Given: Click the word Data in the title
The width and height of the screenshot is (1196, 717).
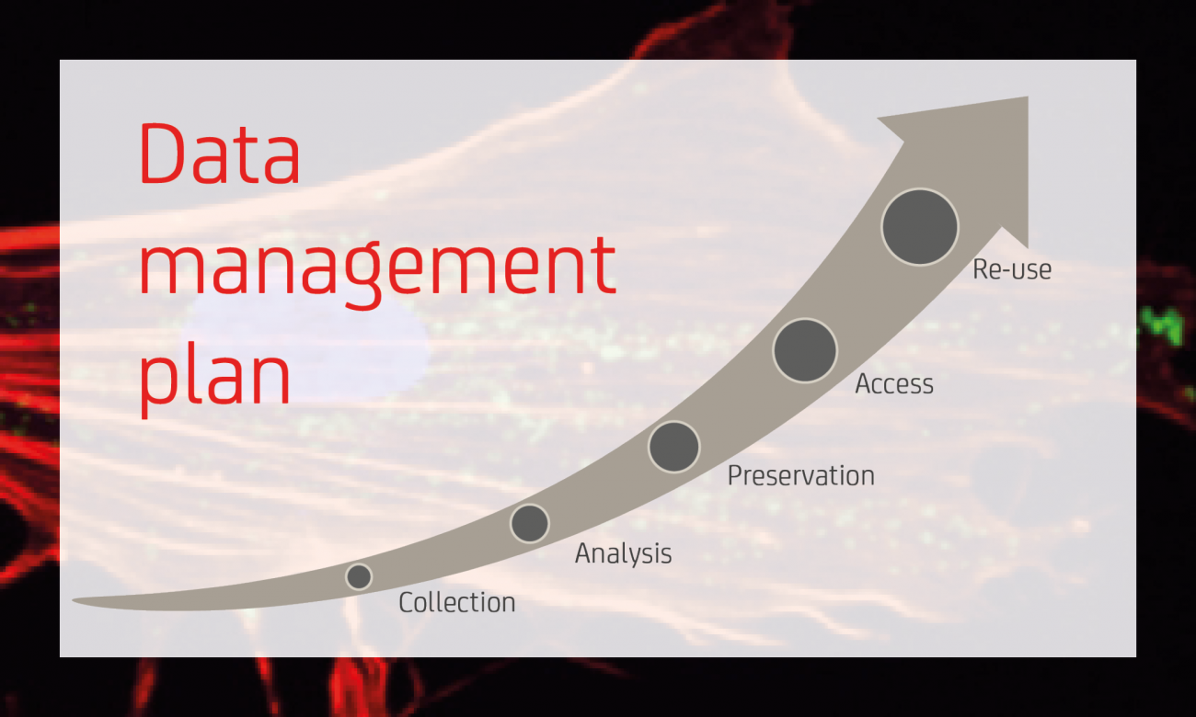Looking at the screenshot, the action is pyautogui.click(x=220, y=154).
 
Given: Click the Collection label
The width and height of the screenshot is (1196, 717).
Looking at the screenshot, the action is pyautogui.click(x=457, y=602).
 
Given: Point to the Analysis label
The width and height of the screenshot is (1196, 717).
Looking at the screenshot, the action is pyautogui.click(x=623, y=554).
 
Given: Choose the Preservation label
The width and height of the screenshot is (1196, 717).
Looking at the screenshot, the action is pyautogui.click(x=801, y=475).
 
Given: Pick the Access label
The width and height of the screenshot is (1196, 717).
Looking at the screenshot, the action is pyautogui.click(x=894, y=383).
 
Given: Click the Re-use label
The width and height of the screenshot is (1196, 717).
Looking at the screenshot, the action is pyautogui.click(x=1012, y=268).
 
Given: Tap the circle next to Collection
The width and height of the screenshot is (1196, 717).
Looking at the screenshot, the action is pyautogui.click(x=359, y=576).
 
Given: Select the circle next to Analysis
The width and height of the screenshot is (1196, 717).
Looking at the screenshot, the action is pyautogui.click(x=530, y=523).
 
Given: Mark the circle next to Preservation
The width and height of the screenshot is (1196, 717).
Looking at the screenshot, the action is pyautogui.click(x=673, y=447).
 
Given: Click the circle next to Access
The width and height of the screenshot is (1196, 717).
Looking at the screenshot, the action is pyautogui.click(x=805, y=350).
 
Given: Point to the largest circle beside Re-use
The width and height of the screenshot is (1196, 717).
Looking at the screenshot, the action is pyautogui.click(x=920, y=227).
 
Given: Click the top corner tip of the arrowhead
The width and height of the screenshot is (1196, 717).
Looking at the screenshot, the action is pyautogui.click(x=1028, y=97).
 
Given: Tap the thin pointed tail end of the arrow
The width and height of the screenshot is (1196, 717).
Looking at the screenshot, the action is pyautogui.click(x=74, y=600).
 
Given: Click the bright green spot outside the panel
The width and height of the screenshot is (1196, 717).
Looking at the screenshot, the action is pyautogui.click(x=1162, y=324).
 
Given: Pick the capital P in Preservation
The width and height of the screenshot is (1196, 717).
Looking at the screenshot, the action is pyautogui.click(x=736, y=475).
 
